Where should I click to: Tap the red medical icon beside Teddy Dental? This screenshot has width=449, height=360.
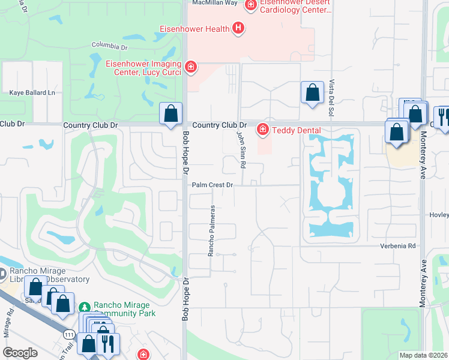[262, 129]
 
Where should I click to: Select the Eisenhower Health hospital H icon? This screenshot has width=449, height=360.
[239, 28]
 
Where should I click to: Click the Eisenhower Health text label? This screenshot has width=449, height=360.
[194, 29]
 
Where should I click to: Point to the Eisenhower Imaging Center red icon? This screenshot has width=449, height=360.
[191, 67]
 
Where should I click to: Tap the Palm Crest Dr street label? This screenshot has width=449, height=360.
[212, 185]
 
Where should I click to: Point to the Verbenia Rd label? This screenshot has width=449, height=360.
[397, 246]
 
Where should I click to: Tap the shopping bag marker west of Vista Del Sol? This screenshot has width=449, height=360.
[312, 93]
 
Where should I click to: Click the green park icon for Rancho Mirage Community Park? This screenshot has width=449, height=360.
[85, 305]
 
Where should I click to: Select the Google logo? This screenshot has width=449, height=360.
[20, 353]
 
